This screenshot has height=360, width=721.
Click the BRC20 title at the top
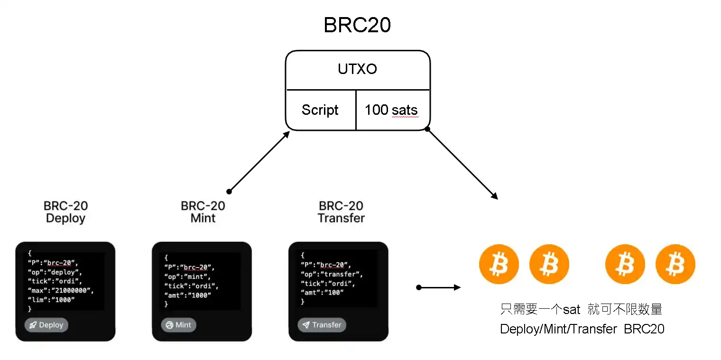(357, 25)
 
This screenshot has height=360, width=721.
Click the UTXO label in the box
(357, 69)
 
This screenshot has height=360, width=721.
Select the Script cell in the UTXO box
(320, 110)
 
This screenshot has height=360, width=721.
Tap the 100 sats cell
(391, 110)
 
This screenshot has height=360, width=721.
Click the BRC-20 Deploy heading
(65, 212)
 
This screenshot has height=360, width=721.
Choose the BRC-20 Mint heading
(203, 212)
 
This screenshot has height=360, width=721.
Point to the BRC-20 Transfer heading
(341, 212)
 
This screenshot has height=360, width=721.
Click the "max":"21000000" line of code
(60, 290)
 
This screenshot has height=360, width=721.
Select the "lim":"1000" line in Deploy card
(51, 300)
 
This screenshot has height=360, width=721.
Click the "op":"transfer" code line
(332, 274)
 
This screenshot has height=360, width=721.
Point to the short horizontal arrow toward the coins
(438, 287)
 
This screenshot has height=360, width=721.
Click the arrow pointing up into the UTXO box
(259, 161)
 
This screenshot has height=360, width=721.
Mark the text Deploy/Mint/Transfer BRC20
(582, 329)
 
